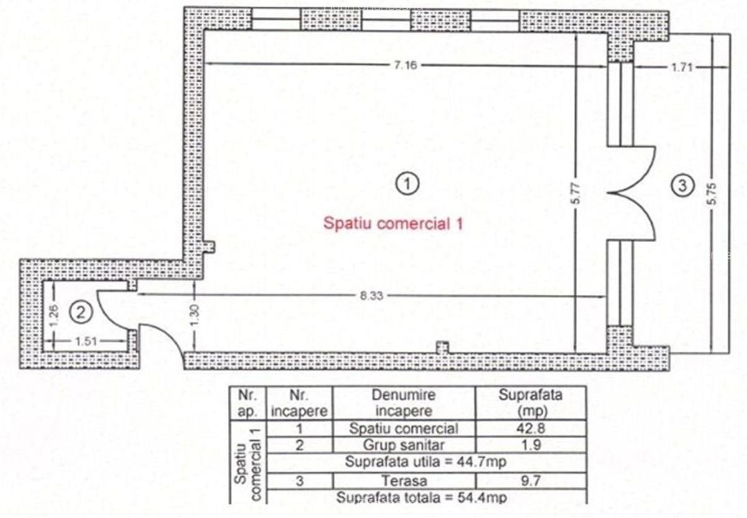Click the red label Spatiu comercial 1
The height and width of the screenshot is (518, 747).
click(x=393, y=224)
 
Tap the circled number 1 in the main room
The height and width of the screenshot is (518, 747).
click(x=407, y=184)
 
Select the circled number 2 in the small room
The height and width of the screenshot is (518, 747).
click(x=81, y=313)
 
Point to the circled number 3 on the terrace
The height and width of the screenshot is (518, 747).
click(x=683, y=186)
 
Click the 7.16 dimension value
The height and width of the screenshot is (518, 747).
click(x=405, y=65)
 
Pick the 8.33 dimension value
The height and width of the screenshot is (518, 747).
click(x=372, y=296)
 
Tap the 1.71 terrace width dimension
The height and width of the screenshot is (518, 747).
click(x=682, y=68)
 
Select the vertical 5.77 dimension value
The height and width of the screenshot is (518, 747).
click(x=577, y=194)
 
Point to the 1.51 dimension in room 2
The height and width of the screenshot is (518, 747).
click(x=86, y=342)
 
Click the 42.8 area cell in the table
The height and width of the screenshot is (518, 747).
click(x=531, y=428)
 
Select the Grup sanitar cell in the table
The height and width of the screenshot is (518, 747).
click(x=403, y=445)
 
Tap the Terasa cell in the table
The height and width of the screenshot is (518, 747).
click(x=404, y=481)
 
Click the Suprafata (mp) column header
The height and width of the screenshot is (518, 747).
click(x=530, y=403)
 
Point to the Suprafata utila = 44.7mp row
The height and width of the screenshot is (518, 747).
click(x=426, y=462)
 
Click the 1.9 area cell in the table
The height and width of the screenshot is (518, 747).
click(x=531, y=445)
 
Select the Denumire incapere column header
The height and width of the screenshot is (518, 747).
click(x=404, y=403)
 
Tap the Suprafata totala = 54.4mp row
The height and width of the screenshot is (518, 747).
click(x=422, y=497)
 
